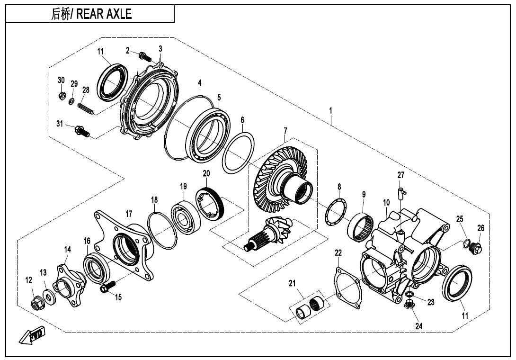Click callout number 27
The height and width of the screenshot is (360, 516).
[x=401, y=175]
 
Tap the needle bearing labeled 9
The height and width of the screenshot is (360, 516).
[x=363, y=226]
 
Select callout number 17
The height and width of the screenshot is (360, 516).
[x=129, y=214]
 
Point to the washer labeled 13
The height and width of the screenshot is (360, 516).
[x=48, y=297]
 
